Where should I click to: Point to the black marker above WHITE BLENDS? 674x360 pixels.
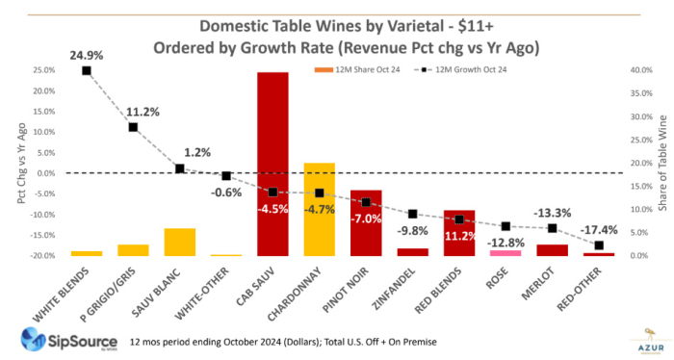(x=87, y=70)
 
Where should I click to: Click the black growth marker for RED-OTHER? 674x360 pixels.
(x=599, y=245)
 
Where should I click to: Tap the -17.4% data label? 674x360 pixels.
(x=599, y=228)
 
